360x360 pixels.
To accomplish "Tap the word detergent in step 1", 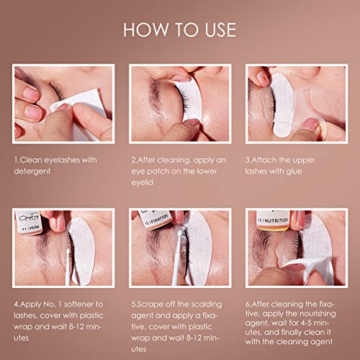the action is coord(32,171).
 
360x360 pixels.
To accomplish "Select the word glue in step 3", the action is coord(294,171).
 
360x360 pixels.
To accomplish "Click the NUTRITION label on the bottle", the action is coord(275,220).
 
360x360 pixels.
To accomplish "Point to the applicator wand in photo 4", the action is coord(68,267).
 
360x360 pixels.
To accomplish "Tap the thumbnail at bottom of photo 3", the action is coord(312,125).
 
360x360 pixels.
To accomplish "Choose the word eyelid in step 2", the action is coord(142,182).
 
